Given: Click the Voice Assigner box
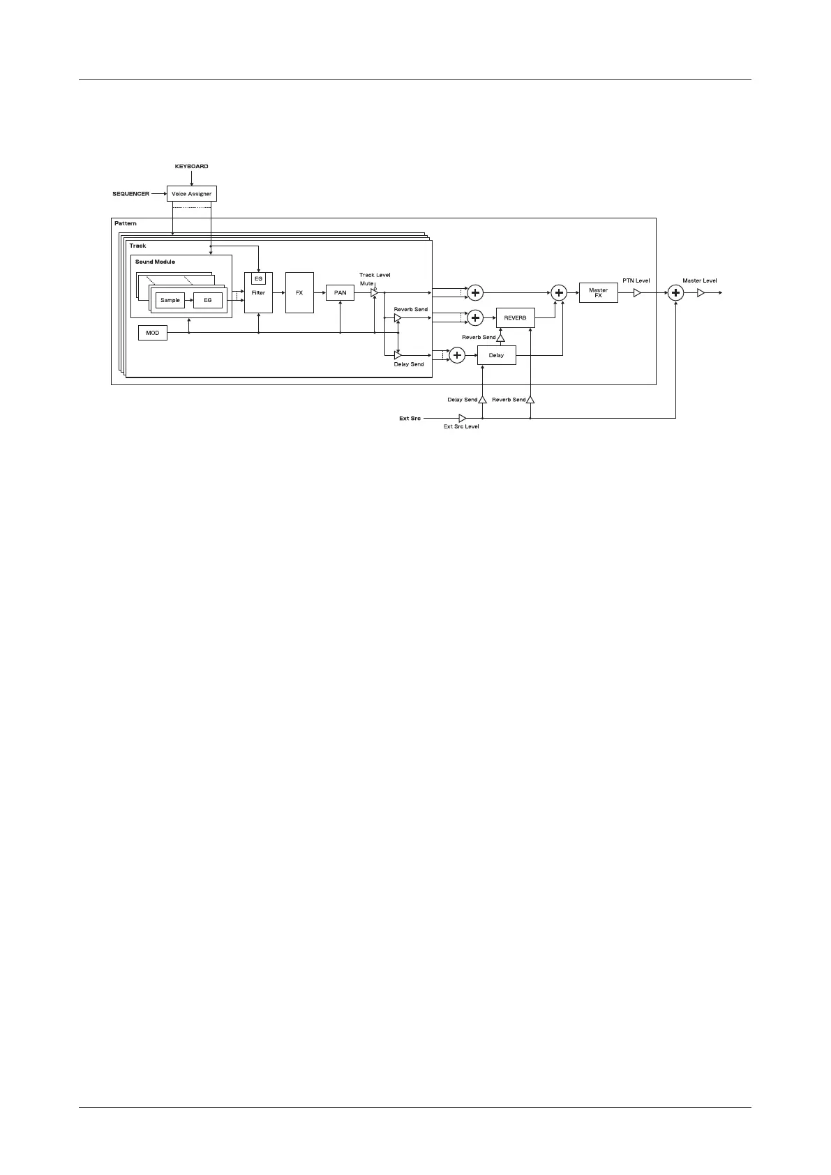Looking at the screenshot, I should point(191,193).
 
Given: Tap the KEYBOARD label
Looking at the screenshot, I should point(191,167).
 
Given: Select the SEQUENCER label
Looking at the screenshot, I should point(130,194).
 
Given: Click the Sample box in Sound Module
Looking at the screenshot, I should point(170,300).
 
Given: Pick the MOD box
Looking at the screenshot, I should point(153,333).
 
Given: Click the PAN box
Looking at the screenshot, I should point(340,293).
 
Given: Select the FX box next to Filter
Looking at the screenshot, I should point(299,293).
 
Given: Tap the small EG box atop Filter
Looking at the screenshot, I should point(258,278).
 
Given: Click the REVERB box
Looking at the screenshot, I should point(515,318).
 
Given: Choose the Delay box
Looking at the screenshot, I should point(496,355).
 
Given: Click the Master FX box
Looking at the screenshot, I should point(598,293).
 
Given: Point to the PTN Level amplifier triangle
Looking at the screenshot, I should point(636,293).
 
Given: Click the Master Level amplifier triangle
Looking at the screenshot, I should point(701,293).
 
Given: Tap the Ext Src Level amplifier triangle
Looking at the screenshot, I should point(462,418).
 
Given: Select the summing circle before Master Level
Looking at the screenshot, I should point(675,293).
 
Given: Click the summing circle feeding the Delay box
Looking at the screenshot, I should point(457,355).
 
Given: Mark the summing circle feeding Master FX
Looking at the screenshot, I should point(559,293).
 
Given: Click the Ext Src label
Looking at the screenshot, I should point(410,419).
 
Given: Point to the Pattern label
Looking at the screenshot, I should point(126,224).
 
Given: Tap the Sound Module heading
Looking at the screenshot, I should point(155,262).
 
